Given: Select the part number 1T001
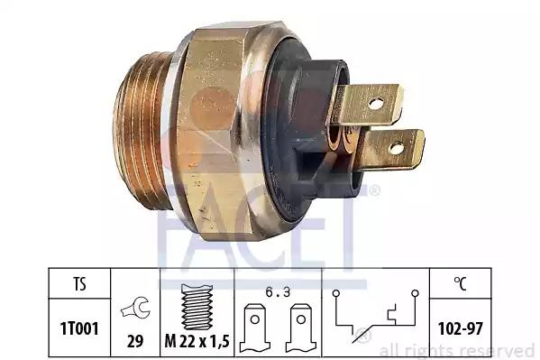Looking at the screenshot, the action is coord(79,328).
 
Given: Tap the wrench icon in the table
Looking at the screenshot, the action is coord(135,308).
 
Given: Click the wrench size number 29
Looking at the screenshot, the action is coord(135,341).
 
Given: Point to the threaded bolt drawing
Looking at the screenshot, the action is coord(197,307).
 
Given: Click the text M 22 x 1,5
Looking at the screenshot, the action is coord(197,341).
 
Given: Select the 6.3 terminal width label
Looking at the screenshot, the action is coord(278,292).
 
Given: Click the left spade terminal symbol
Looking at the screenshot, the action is coord(255,328).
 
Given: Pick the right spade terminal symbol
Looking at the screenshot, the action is coord(301,328).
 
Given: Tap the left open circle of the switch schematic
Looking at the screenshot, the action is coord(336,293).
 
